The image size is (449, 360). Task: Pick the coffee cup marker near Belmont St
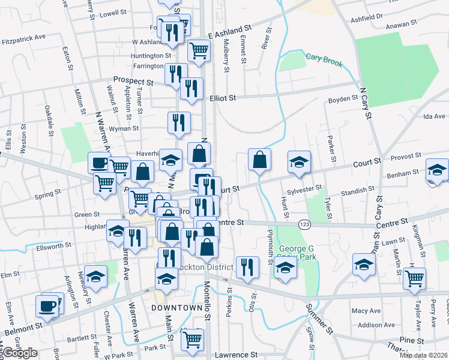[47, 307]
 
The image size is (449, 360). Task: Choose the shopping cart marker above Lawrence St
[192, 340]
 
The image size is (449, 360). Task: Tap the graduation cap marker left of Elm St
[95, 277]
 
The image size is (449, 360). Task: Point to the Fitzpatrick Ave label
[24, 37]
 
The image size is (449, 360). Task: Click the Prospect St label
[133, 81]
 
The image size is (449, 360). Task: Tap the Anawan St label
[402, 24]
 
